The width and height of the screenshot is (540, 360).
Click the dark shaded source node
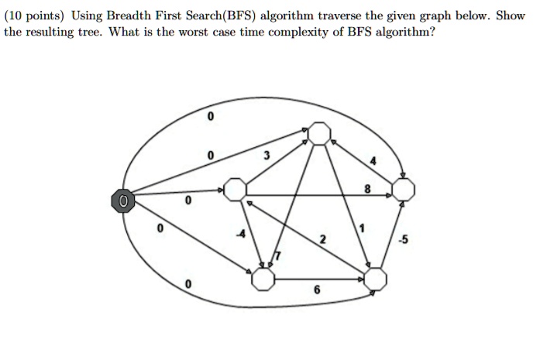[123, 201]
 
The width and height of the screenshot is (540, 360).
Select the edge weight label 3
[267, 156]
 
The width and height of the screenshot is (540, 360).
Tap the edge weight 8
[367, 189]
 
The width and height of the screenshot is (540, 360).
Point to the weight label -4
[241, 234]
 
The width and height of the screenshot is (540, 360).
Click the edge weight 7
[277, 256]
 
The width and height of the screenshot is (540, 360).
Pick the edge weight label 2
[322, 239]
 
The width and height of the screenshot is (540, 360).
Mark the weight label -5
[403, 239]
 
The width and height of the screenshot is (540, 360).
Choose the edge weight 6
[317, 290]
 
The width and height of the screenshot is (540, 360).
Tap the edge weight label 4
[373, 161]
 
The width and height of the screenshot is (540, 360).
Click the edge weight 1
[362, 228]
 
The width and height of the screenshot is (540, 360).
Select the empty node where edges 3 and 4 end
[319, 133]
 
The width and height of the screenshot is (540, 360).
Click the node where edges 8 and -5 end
[404, 190]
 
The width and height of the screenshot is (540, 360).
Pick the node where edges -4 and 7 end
[263, 279]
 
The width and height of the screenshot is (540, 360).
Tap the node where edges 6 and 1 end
[375, 279]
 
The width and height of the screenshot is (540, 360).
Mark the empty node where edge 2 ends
[235, 190]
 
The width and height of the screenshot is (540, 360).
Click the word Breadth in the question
[129, 15]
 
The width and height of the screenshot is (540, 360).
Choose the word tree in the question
[93, 33]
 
